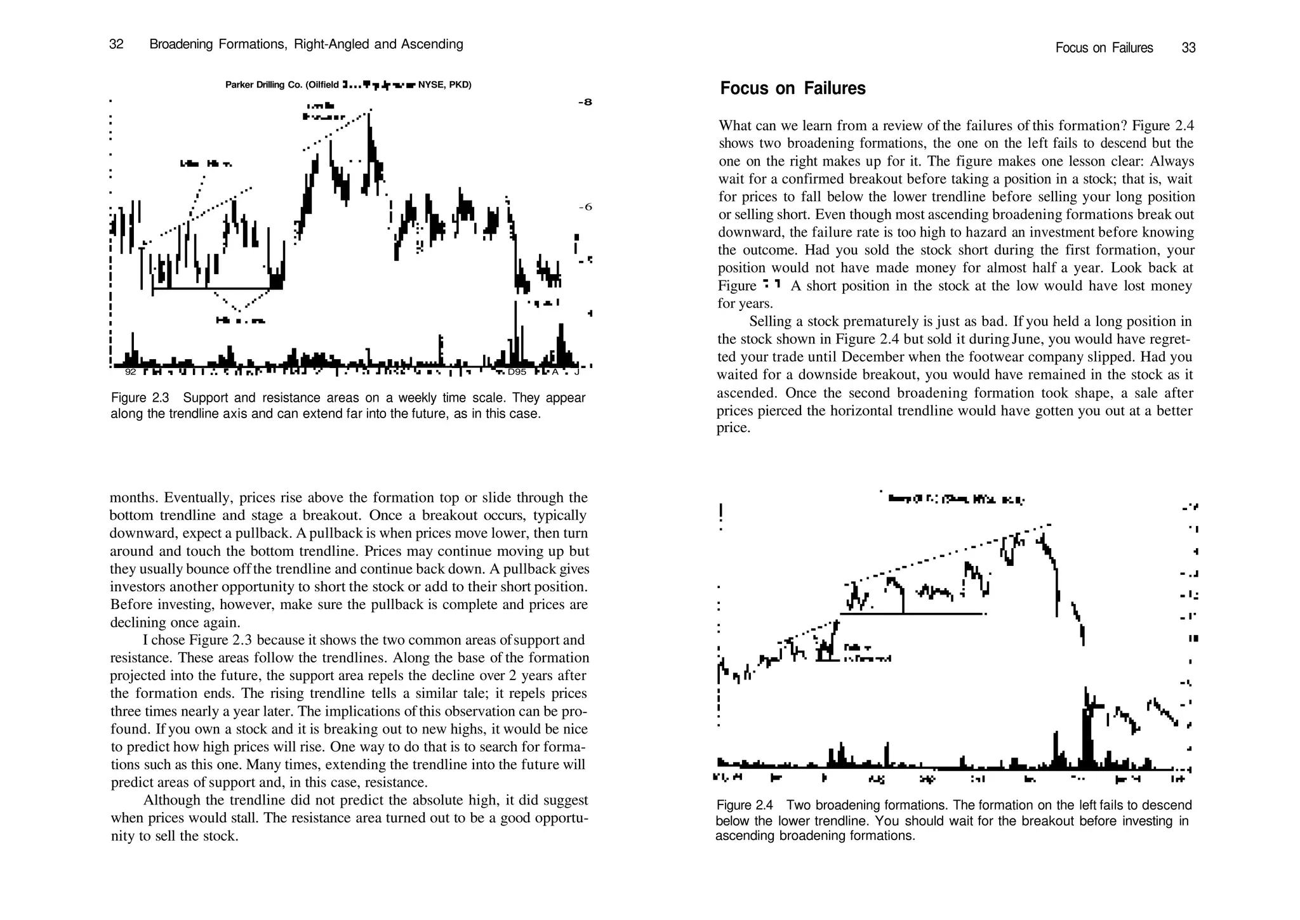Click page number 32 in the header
point(116,44)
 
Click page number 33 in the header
point(1188,48)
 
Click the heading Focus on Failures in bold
point(792,88)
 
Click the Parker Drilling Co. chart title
point(348,85)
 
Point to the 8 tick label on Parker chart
point(585,102)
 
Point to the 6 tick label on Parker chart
point(585,207)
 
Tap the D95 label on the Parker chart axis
point(517,372)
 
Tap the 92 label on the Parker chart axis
point(131,372)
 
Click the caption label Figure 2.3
point(140,398)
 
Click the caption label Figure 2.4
point(744,806)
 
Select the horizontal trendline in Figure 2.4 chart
point(911,614)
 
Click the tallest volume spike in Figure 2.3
point(515,330)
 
